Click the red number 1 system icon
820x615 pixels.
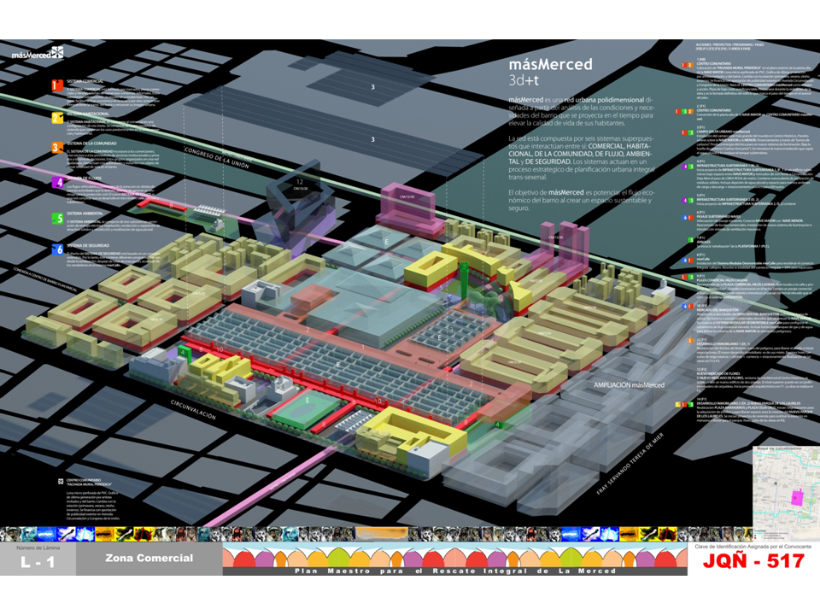56,85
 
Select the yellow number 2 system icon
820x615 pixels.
56,118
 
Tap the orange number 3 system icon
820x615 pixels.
56,147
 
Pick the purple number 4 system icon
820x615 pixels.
56,183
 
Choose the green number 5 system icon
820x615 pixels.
56,218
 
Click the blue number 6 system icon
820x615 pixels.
56,249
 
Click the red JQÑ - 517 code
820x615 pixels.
753,561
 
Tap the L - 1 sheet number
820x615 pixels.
38,563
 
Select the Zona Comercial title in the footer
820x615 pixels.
149,559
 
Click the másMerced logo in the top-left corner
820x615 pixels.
38,53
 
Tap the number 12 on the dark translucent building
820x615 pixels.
299,181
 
